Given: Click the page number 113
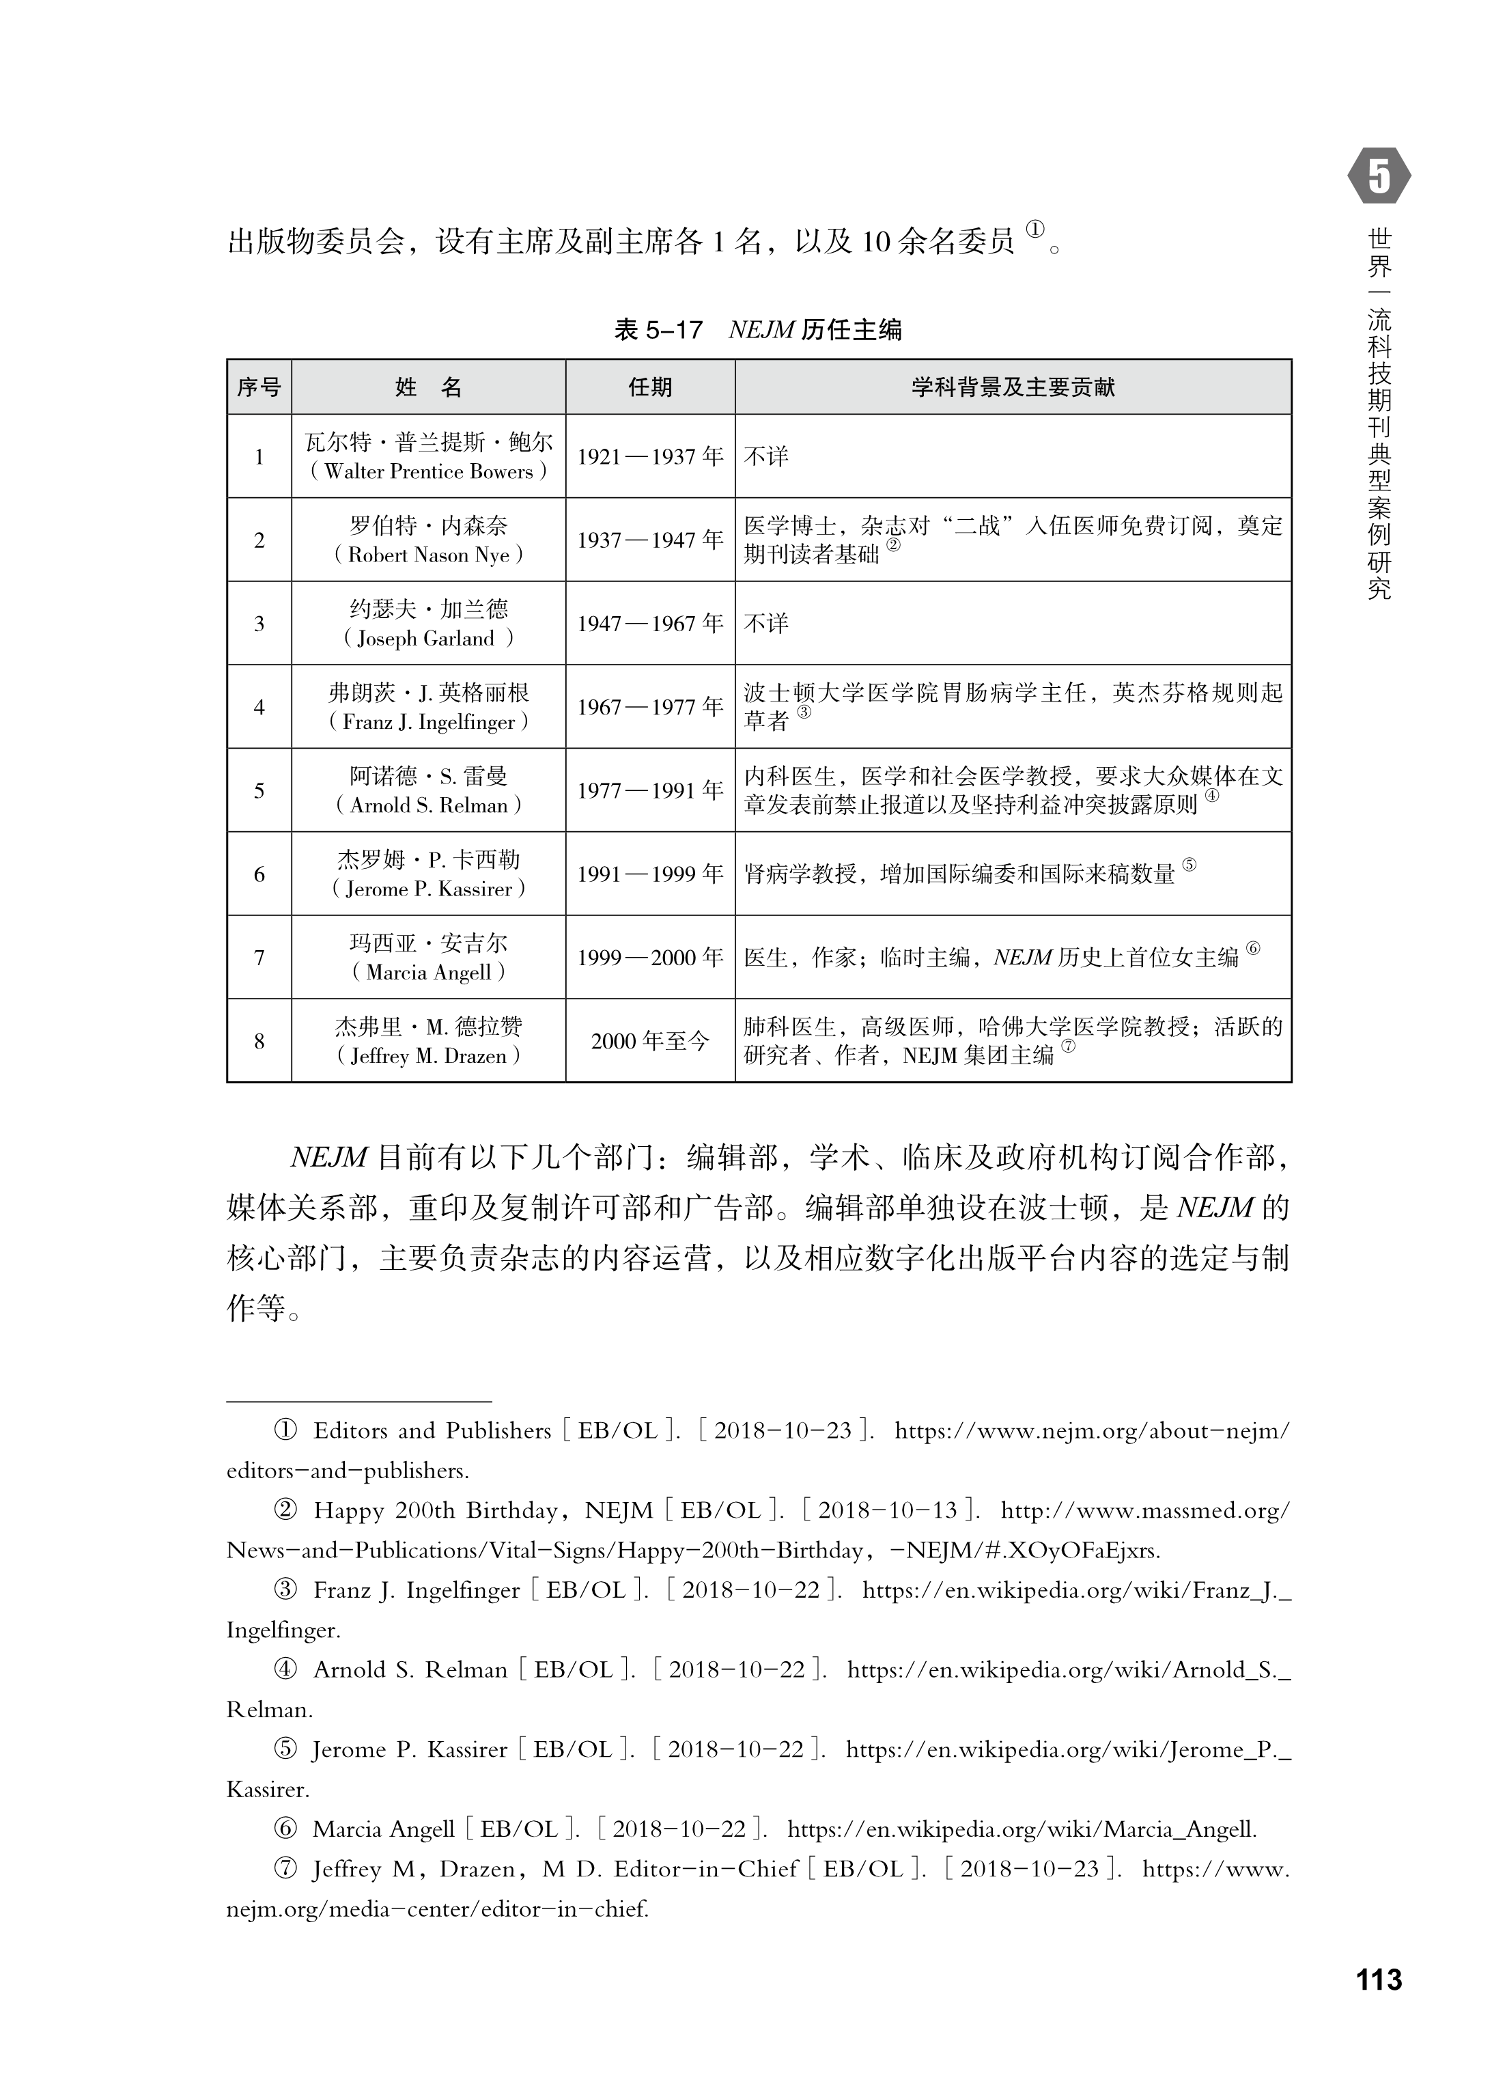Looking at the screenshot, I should pyautogui.click(x=1378, y=1978).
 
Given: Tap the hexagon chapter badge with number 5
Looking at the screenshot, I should pyautogui.click(x=1379, y=176).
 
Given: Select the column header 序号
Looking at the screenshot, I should pyautogui.click(x=259, y=387).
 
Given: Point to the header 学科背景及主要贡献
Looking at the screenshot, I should pyautogui.click(x=1013, y=387).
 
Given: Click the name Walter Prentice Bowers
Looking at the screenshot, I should pyautogui.click(x=428, y=471).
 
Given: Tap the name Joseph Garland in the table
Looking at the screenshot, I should pyautogui.click(x=428, y=639).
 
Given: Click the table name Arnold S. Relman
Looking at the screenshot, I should pyautogui.click(x=428, y=806).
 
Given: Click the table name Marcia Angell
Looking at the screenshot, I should pyautogui.click(x=428, y=972).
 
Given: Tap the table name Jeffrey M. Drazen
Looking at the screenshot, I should pyautogui.click(x=428, y=1056).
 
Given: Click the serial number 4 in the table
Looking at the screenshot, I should pyautogui.click(x=259, y=707).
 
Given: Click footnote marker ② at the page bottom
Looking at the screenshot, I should pyautogui.click(x=285, y=1510).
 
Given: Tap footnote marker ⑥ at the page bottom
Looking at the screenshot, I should pyautogui.click(x=285, y=1829).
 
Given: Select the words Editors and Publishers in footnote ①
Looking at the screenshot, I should pyautogui.click(x=432, y=1430).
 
